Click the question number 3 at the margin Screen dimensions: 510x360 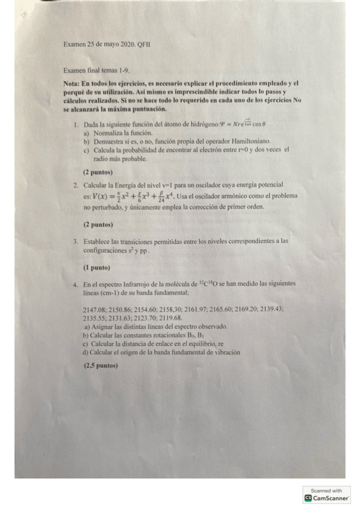tap(76, 241)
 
